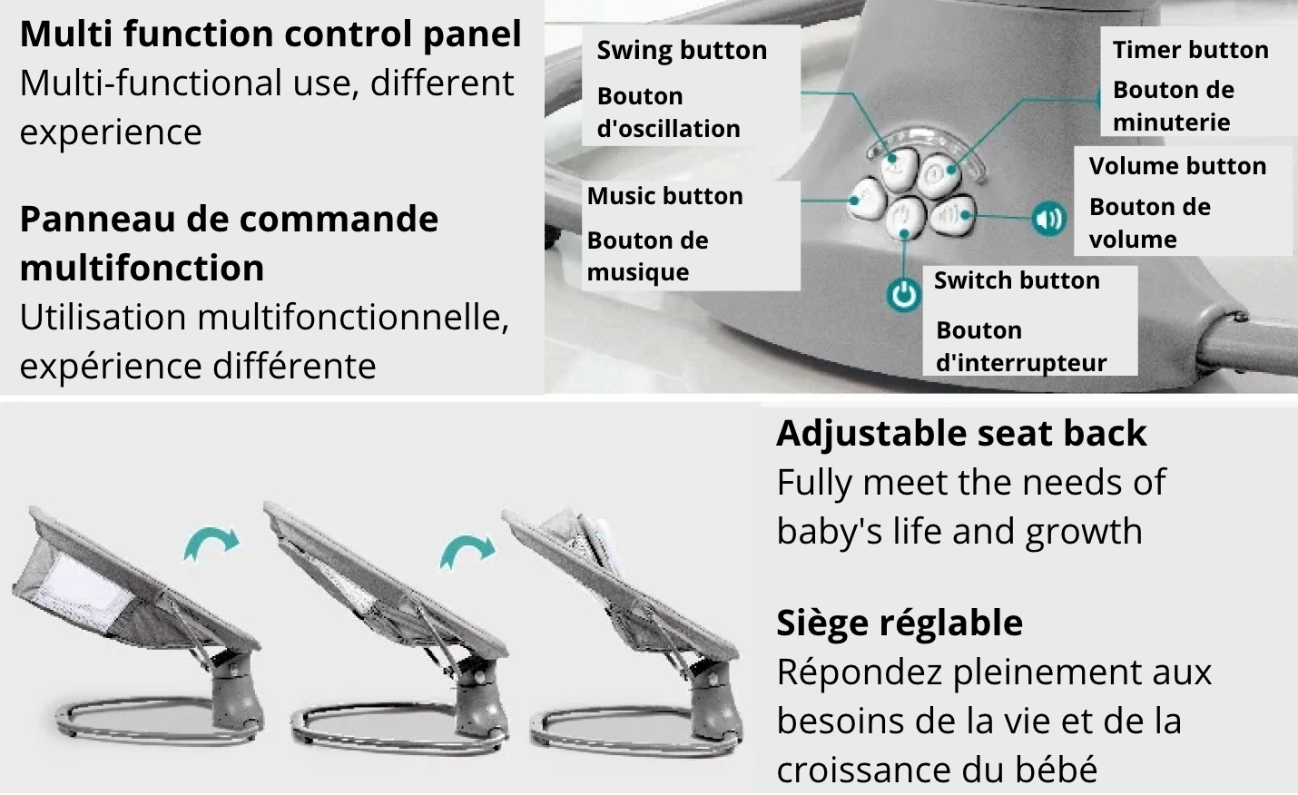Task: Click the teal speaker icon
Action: click(1048, 219)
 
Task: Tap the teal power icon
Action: click(903, 295)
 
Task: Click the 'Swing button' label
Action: click(682, 51)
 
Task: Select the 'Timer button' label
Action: click(1191, 50)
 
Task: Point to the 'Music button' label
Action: click(665, 196)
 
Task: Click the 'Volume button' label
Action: click(1177, 166)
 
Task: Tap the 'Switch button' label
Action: click(1017, 280)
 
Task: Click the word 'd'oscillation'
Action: click(669, 129)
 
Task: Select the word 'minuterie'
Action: click(1172, 123)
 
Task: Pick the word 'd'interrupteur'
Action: click(1021, 363)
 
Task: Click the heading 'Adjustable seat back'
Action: click(961, 433)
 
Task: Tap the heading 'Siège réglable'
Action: click(900, 623)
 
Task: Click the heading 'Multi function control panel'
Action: click(270, 34)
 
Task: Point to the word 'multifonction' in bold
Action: click(142, 268)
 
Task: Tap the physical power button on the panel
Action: click(906, 217)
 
